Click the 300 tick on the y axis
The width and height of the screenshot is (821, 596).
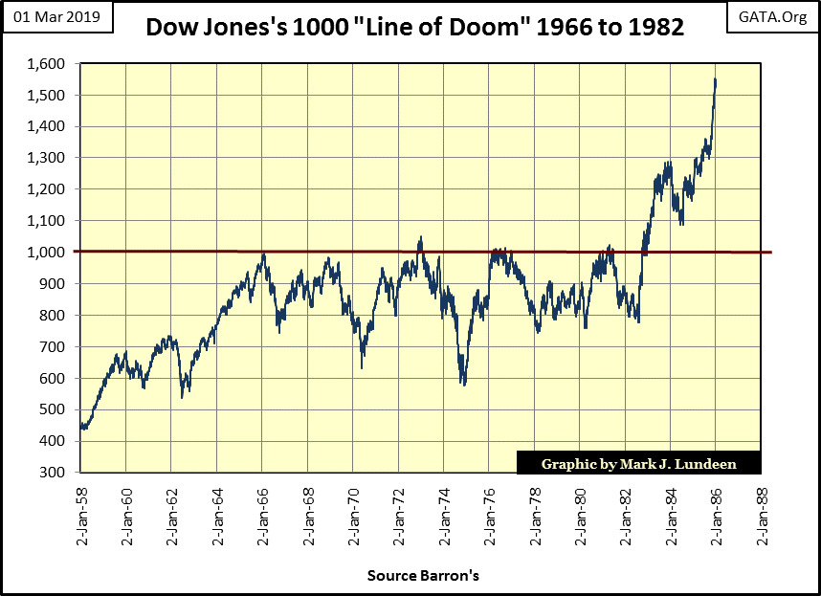tap(55, 473)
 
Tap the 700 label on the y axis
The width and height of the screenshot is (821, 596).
tap(55, 347)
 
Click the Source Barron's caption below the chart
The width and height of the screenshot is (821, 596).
tap(422, 576)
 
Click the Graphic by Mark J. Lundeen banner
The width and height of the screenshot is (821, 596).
tap(638, 464)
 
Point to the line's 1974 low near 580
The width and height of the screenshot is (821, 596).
tap(463, 384)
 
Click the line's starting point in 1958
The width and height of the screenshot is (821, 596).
tap(81, 428)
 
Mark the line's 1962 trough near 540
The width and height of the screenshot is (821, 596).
tap(182, 395)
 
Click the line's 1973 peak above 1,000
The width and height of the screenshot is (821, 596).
tap(420, 238)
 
